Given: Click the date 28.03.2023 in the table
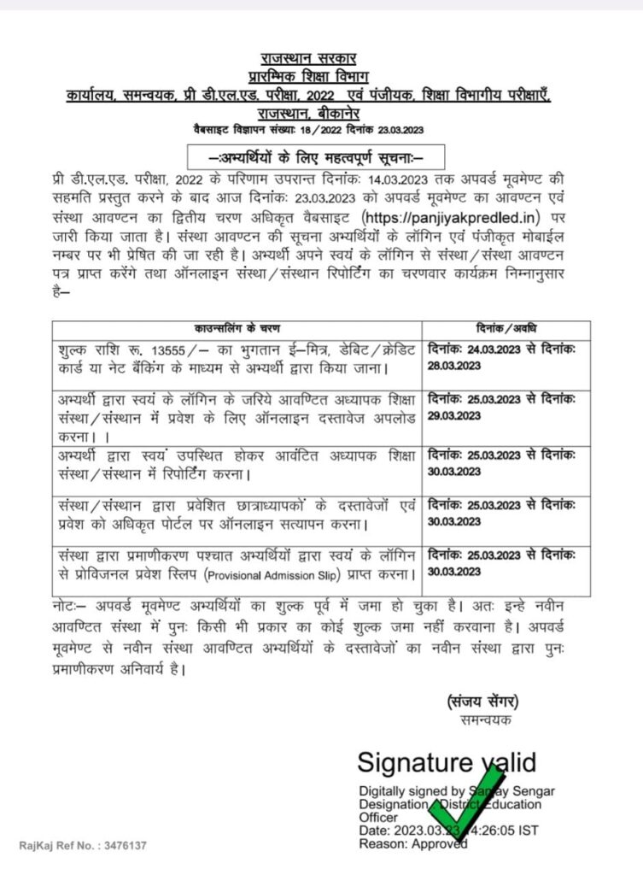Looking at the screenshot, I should [454, 365].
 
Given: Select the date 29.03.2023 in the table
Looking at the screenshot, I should [454, 416].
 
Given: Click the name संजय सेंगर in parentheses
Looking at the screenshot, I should [482, 702].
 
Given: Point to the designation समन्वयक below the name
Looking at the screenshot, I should [482, 720].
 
